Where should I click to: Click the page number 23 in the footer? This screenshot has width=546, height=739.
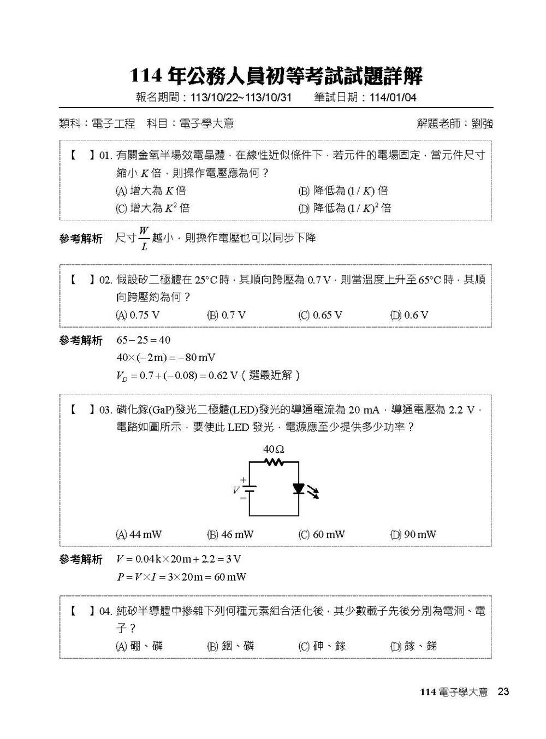tap(503, 691)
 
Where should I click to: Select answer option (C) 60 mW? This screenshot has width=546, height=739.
tap(322, 534)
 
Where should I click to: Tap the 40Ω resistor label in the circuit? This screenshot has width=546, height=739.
tap(274, 449)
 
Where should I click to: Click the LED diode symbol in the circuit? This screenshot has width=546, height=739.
tap(299, 489)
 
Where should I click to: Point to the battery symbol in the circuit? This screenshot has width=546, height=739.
tap(250, 489)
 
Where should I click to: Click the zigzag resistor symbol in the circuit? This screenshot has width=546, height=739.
tap(274, 462)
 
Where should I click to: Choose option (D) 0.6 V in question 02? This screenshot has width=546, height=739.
tap(409, 315)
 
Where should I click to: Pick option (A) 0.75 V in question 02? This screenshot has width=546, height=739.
tap(138, 315)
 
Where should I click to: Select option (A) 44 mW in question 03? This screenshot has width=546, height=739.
tap(139, 534)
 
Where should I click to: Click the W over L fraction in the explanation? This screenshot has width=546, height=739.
tap(144, 238)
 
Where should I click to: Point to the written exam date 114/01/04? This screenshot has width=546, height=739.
tap(393, 97)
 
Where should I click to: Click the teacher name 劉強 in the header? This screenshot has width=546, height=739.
tap(482, 123)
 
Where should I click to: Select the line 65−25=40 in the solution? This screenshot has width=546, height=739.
tap(144, 340)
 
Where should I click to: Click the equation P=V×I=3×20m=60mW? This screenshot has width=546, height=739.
tap(181, 577)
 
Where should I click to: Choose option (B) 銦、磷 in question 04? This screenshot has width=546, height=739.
tap(230, 646)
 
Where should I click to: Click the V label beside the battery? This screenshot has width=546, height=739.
tap(236, 490)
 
